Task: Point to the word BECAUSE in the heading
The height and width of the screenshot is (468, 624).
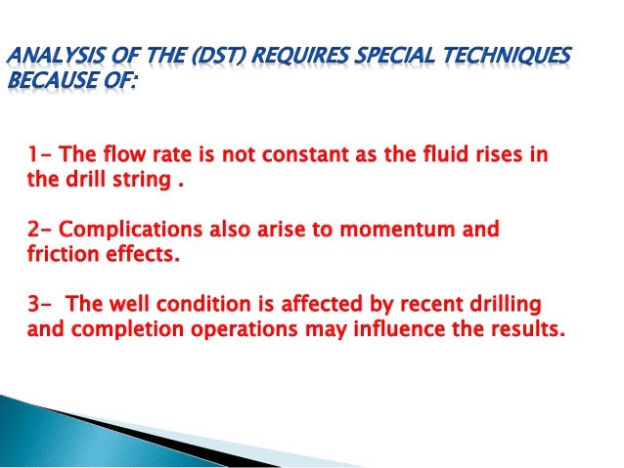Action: [x=50, y=78]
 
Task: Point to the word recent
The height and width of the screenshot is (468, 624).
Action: [x=414, y=305]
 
